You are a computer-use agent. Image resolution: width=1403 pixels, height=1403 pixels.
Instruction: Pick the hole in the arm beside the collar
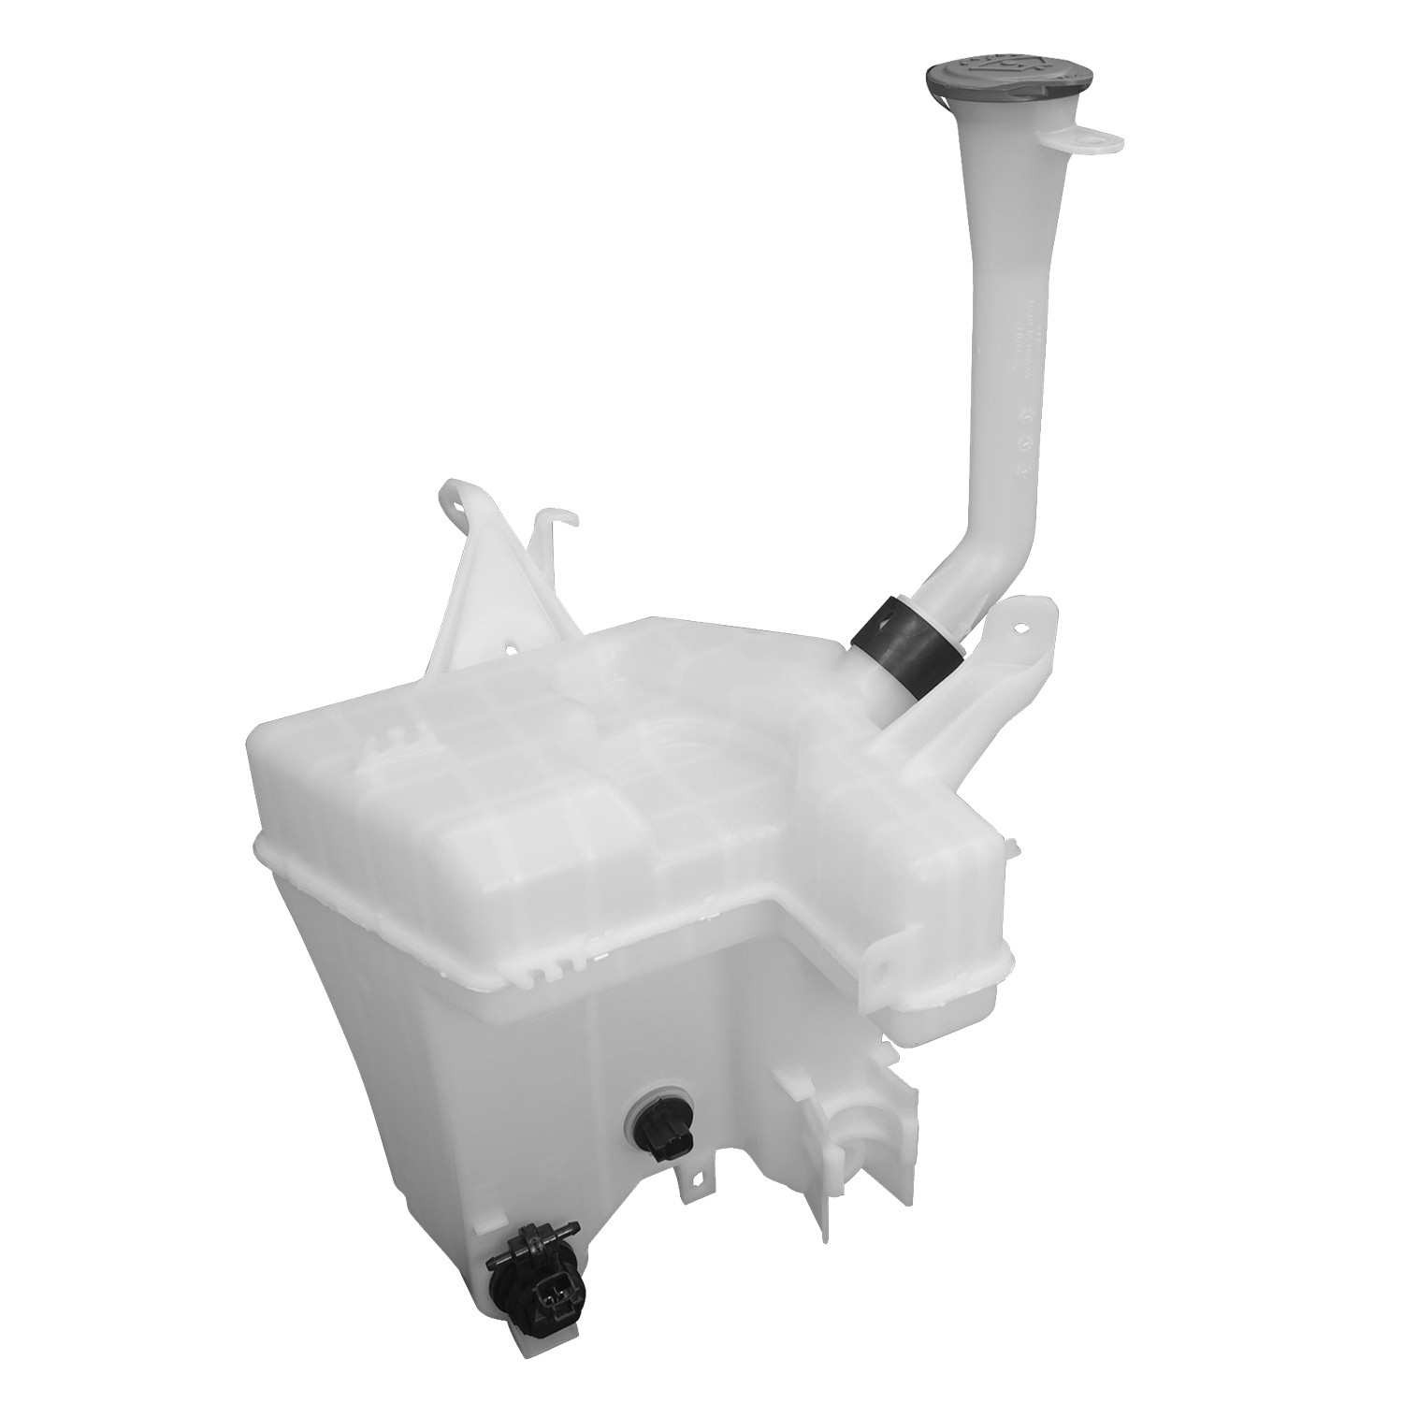(1028, 627)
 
